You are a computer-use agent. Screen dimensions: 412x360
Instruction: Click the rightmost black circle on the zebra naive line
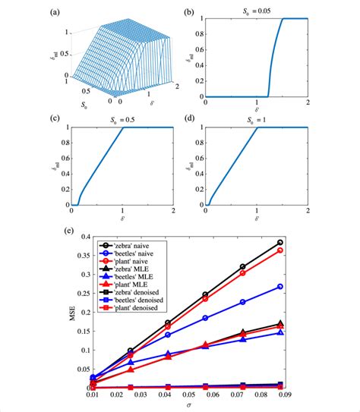(x=279, y=243)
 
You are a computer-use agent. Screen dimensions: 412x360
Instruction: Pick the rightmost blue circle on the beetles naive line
(x=279, y=287)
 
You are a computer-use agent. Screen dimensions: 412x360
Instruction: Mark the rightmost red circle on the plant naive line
(x=279, y=250)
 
